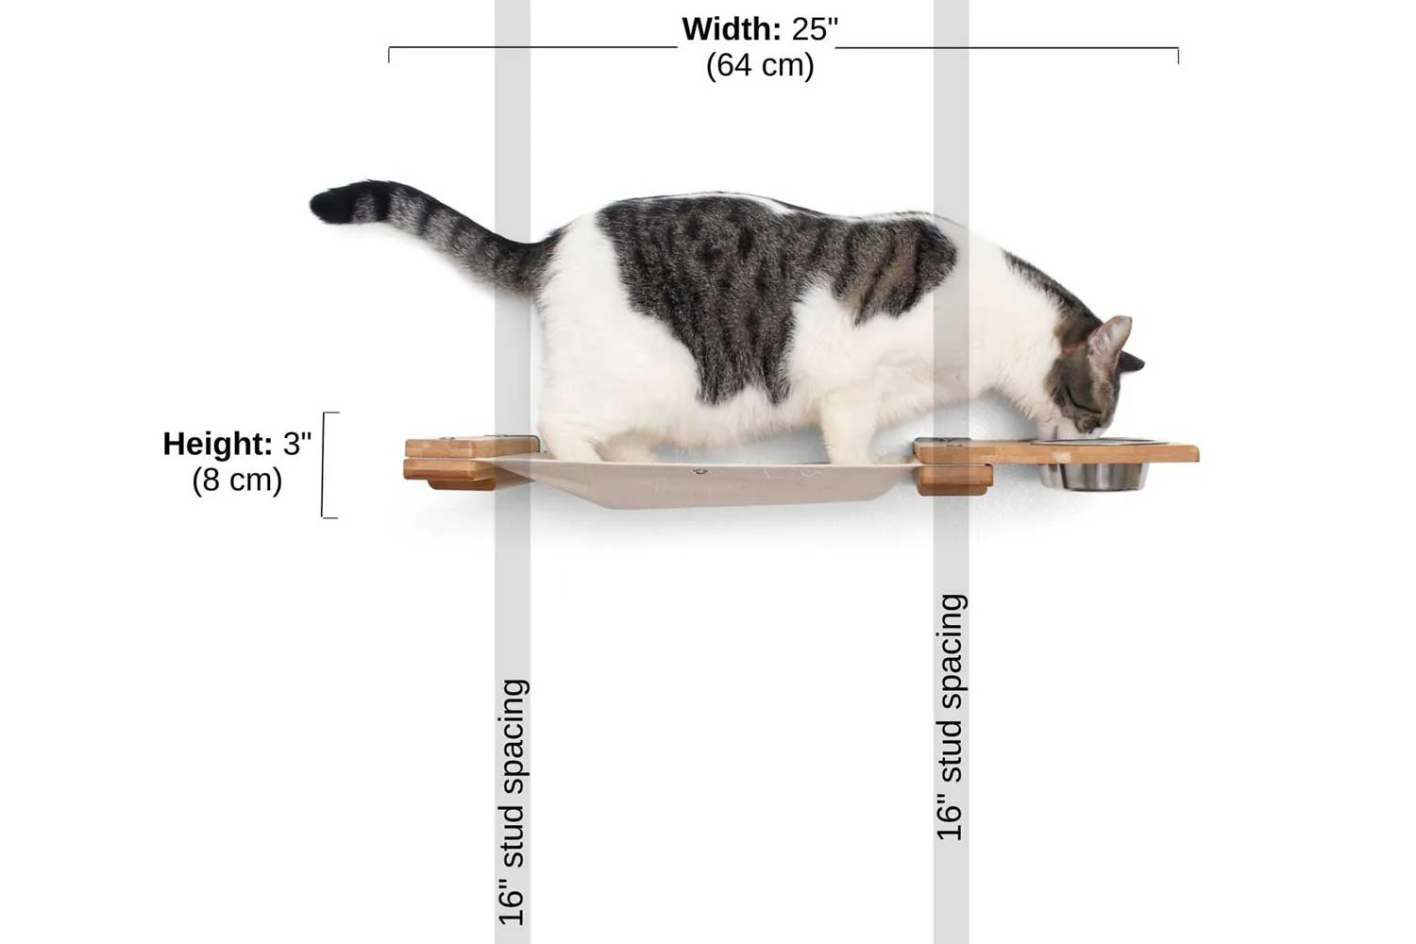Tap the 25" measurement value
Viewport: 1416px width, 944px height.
click(x=815, y=29)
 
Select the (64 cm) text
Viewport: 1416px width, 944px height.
click(x=760, y=65)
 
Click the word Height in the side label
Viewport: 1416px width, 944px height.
click(x=217, y=444)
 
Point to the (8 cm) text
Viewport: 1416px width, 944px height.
click(x=237, y=480)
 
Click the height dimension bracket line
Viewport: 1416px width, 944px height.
click(x=324, y=464)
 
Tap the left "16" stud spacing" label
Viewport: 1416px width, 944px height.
click(x=512, y=802)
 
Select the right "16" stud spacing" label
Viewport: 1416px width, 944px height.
click(x=951, y=717)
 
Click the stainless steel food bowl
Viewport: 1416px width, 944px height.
click(x=1095, y=472)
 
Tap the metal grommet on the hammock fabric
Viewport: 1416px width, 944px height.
click(x=700, y=470)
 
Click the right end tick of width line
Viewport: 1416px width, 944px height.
click(x=1178, y=55)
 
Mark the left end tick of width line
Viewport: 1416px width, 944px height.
click(x=389, y=55)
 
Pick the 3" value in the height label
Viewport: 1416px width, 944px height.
click(x=296, y=444)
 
